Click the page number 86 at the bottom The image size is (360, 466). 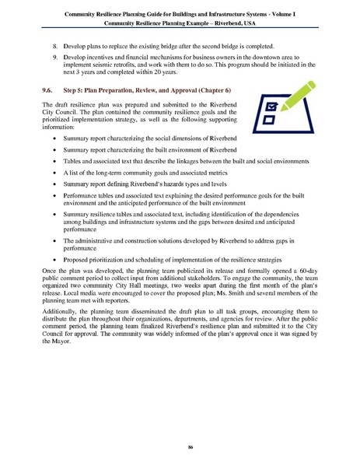(x=180, y=447)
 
